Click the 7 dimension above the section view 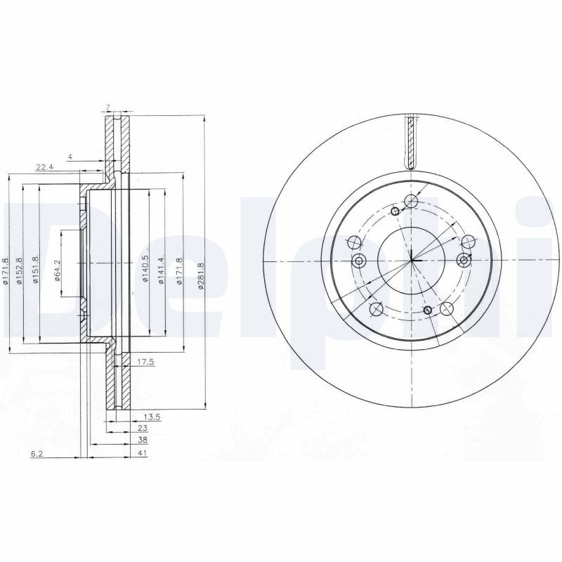[107, 107]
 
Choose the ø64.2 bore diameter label [58, 270]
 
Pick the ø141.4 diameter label [162, 270]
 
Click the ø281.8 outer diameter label [202, 270]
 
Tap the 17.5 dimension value [145, 363]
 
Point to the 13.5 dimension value [152, 417]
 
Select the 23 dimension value [143, 428]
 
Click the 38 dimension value [143, 440]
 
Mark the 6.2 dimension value [38, 455]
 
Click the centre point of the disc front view [412, 261]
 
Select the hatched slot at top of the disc [411, 141]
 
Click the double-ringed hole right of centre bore [463, 261]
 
